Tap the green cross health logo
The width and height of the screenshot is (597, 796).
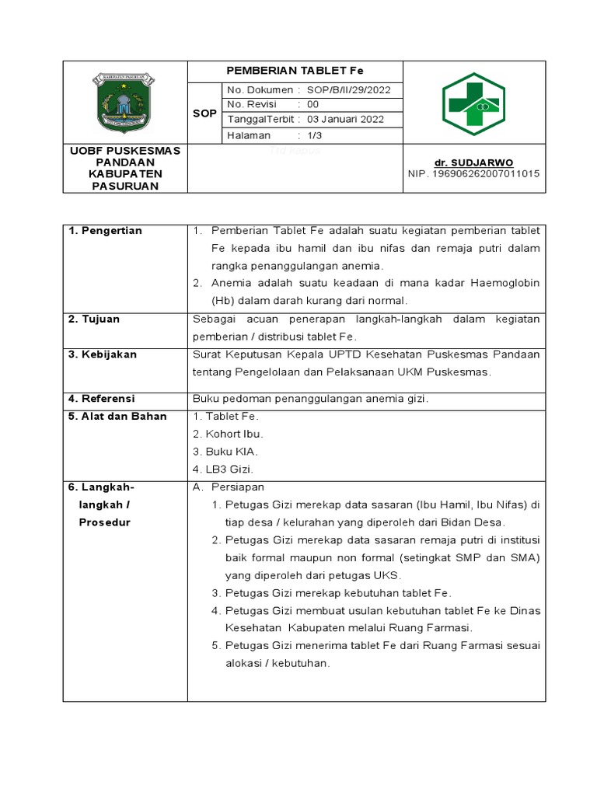473,103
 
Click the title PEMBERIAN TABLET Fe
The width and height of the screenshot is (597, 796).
295,71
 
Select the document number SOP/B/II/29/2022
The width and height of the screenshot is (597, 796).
349,90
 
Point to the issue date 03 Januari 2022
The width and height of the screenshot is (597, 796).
346,120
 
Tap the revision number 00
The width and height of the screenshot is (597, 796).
313,105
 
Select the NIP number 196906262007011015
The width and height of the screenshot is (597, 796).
473,173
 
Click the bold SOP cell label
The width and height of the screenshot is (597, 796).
204,113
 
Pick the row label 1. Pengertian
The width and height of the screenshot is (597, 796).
105,231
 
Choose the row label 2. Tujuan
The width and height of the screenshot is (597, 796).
94,319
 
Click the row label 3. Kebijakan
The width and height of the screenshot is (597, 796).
103,354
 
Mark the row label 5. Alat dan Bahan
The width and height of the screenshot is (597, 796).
117,417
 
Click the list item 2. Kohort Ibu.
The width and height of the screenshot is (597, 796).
228,434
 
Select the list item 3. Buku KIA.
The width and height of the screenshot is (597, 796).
225,452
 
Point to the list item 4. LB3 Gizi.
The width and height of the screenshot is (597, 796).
223,469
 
